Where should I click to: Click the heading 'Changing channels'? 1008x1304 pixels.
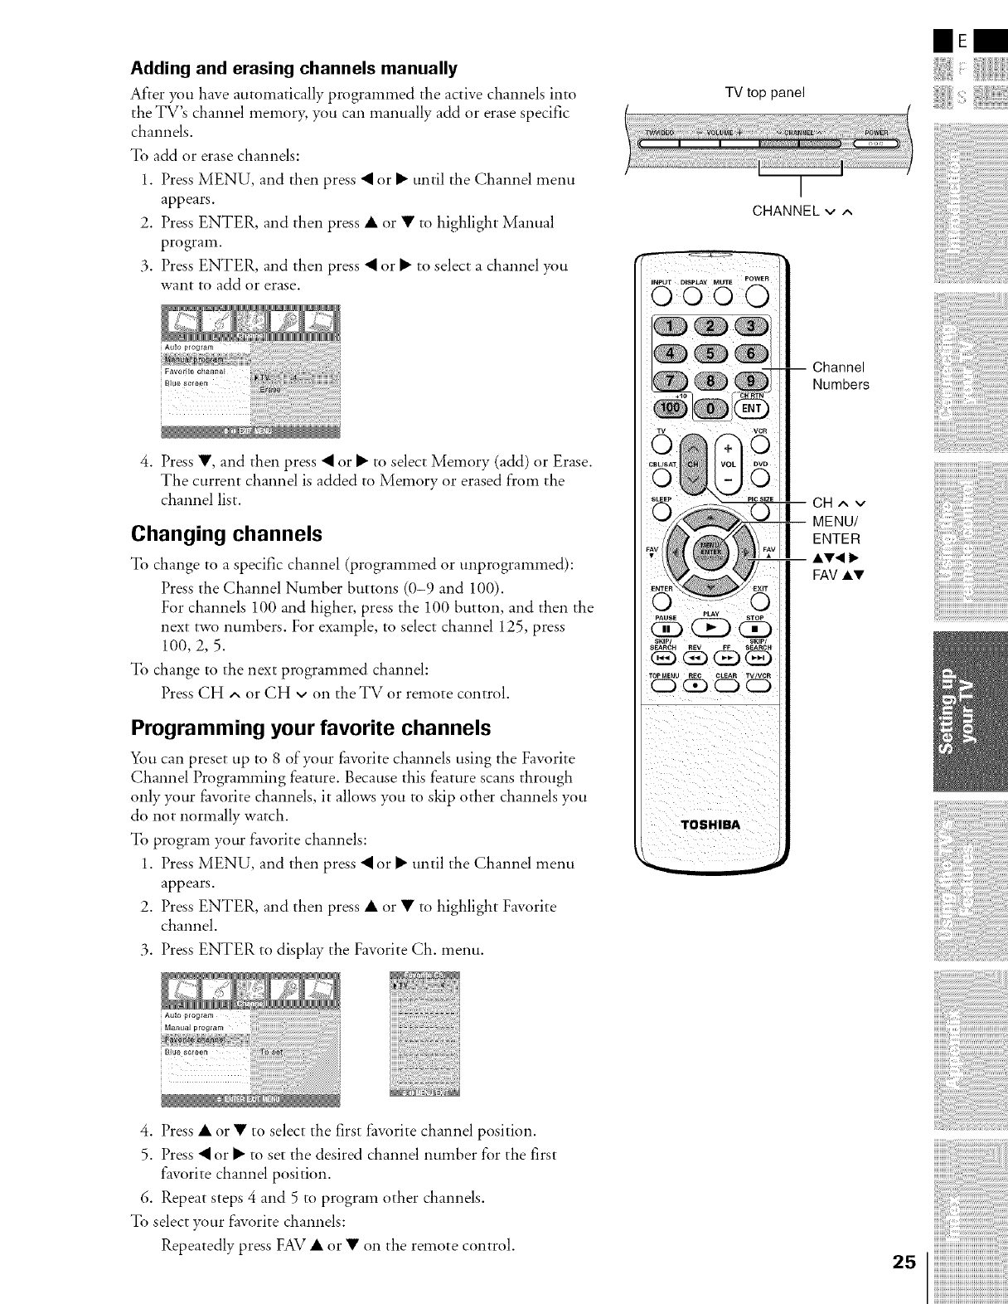pos(225,533)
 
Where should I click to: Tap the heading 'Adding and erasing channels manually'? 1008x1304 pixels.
pos(293,67)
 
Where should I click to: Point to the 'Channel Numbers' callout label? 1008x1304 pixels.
pos(841,376)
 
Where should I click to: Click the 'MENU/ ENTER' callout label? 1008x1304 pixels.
pos(837,530)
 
